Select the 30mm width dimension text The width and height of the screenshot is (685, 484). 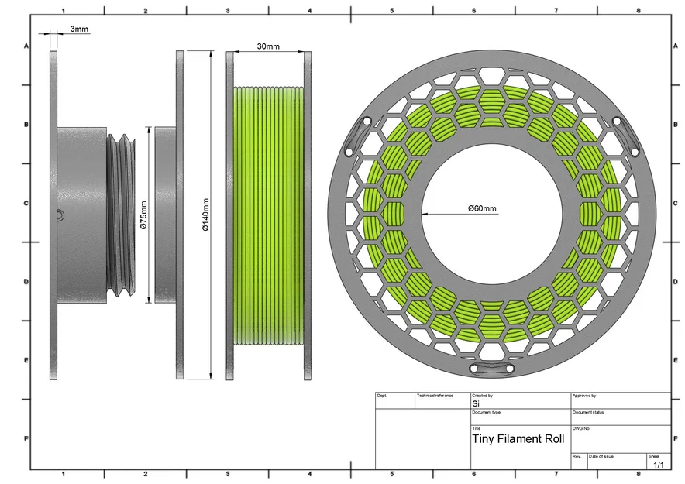point(268,46)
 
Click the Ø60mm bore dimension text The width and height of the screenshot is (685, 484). point(483,208)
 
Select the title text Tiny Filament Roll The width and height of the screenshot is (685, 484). point(518,438)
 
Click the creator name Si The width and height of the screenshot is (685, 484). point(476,403)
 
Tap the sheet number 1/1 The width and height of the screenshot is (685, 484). point(659,465)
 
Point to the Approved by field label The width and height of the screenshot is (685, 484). point(584,396)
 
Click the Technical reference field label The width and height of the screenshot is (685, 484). point(435,396)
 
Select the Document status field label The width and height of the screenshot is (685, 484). point(588,412)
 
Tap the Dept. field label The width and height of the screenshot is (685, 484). point(382,396)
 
